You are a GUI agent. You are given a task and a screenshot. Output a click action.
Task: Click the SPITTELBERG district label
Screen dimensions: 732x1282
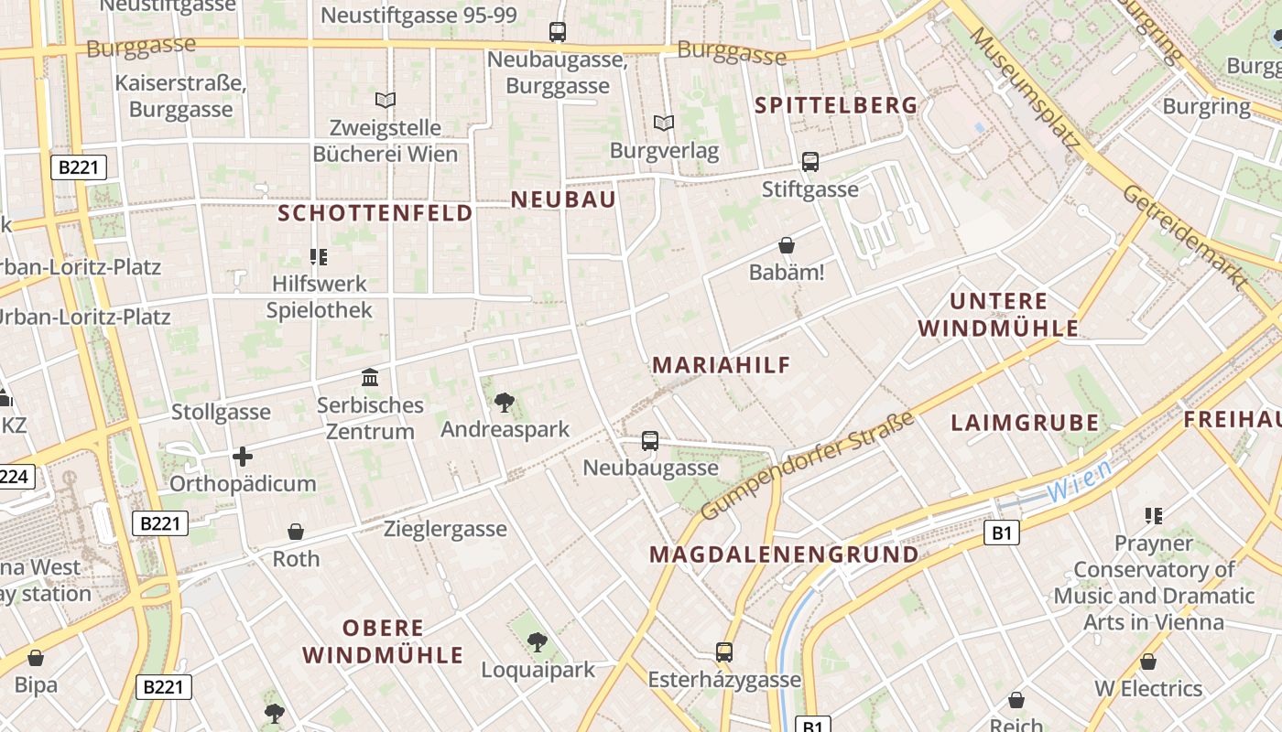coord(835,105)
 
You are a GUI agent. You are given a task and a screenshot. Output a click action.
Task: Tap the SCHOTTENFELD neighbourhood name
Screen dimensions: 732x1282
coord(375,213)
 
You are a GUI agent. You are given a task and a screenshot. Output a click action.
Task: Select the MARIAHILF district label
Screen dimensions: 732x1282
coord(721,365)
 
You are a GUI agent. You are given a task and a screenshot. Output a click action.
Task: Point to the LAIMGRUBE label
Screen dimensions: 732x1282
coord(1025,423)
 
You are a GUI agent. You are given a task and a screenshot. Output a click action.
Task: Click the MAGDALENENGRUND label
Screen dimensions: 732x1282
coord(784,554)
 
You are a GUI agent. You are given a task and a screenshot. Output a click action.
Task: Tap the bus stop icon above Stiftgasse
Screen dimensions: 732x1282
coord(809,162)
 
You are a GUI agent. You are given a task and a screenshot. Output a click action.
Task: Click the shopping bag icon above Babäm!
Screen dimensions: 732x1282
coord(786,245)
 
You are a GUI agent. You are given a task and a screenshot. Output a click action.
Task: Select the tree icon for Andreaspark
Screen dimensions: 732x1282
coord(504,401)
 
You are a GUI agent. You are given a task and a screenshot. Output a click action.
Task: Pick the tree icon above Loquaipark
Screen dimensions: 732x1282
coord(538,641)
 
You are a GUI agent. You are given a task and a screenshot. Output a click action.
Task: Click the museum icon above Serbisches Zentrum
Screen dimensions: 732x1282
coord(370,377)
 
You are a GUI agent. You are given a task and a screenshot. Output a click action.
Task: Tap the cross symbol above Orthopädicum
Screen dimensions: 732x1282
coord(243,456)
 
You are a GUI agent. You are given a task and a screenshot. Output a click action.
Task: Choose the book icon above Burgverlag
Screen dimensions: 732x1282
coord(664,123)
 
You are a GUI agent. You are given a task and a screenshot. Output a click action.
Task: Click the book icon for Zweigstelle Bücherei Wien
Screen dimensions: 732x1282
coord(386,100)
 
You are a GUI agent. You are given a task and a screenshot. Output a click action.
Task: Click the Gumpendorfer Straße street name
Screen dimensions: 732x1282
coord(808,467)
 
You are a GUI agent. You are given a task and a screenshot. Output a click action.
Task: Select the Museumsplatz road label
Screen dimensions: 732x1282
coord(1026,87)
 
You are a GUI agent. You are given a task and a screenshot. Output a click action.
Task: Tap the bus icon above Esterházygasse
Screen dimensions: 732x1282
coord(724,652)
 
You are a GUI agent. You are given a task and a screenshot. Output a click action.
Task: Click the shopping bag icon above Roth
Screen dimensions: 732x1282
coord(296,532)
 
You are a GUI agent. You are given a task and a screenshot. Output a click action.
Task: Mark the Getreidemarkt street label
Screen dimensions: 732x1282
coord(1186,237)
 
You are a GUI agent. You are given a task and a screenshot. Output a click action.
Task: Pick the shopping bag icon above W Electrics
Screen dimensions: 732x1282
coord(1147,662)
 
